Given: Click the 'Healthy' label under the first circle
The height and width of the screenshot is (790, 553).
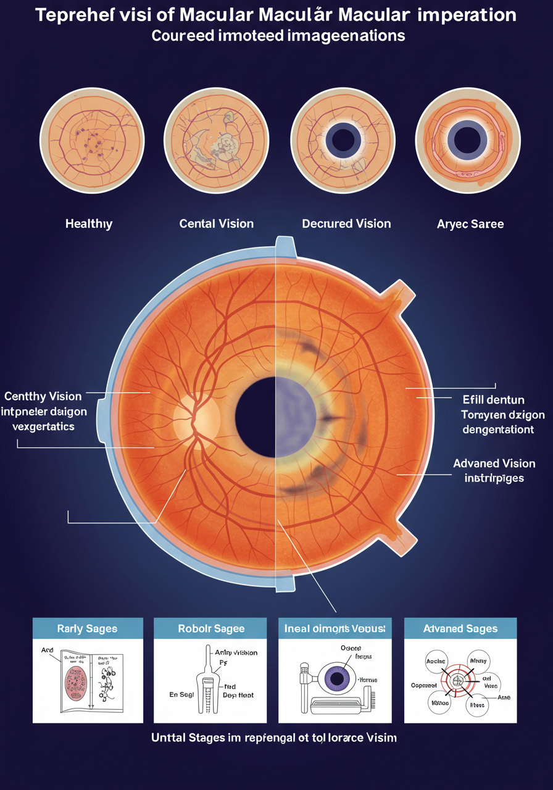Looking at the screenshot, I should (x=89, y=223).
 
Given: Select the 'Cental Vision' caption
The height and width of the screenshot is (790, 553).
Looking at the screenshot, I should (x=216, y=223).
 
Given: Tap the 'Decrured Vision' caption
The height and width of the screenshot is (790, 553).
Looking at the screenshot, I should (x=346, y=223).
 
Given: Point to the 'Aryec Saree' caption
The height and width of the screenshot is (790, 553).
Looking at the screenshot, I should (x=470, y=224).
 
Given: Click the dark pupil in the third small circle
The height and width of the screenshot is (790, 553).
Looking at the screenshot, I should (x=343, y=139).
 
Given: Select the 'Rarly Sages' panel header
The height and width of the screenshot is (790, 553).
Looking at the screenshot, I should (x=88, y=628).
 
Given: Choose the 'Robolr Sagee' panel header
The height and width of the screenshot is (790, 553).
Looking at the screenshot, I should (x=211, y=628).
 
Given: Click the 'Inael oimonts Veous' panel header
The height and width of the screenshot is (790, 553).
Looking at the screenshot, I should (x=335, y=628).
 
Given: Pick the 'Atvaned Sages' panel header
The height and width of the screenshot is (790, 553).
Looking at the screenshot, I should (x=460, y=628).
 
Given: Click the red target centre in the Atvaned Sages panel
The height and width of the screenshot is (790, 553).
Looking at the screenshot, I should (x=458, y=681).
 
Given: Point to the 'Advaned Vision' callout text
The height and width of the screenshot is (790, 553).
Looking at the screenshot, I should (x=494, y=463).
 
